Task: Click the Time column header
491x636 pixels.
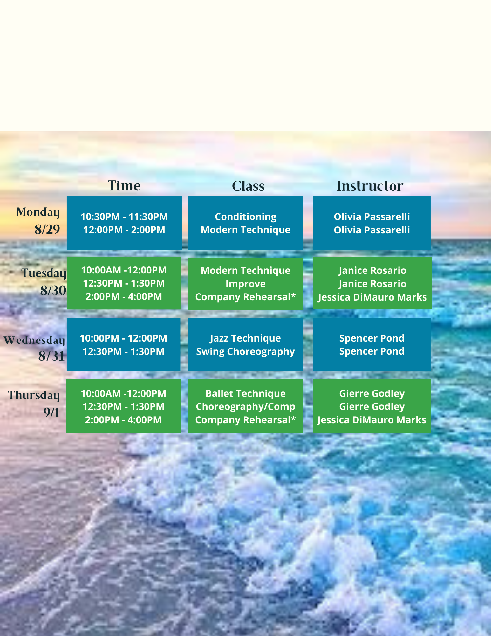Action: click(124, 186)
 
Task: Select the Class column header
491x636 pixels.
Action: click(248, 186)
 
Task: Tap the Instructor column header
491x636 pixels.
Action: click(370, 186)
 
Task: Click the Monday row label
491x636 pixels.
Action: click(38, 212)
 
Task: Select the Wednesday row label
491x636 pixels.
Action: click(34, 340)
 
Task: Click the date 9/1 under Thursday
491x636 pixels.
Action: click(52, 412)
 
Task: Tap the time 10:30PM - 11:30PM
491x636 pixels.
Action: click(124, 217)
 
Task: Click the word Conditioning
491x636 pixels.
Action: click(246, 217)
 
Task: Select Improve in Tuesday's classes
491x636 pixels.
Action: click(246, 284)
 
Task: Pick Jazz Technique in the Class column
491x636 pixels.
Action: click(245, 338)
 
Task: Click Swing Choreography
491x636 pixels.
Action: click(245, 352)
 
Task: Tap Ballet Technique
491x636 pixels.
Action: click(246, 394)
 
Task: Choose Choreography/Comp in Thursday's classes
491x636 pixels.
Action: click(246, 407)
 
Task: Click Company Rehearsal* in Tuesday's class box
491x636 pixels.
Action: click(246, 297)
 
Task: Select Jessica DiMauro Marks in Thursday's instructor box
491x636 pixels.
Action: click(372, 420)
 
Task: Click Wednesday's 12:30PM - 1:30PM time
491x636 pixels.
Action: click(124, 352)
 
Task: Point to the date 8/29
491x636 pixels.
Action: click(47, 229)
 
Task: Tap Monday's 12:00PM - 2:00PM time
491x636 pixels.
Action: click(124, 230)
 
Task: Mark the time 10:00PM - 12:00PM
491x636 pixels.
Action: click(124, 338)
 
